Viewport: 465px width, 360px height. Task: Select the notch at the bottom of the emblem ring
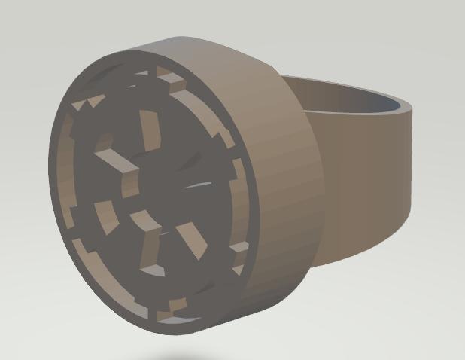176,305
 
